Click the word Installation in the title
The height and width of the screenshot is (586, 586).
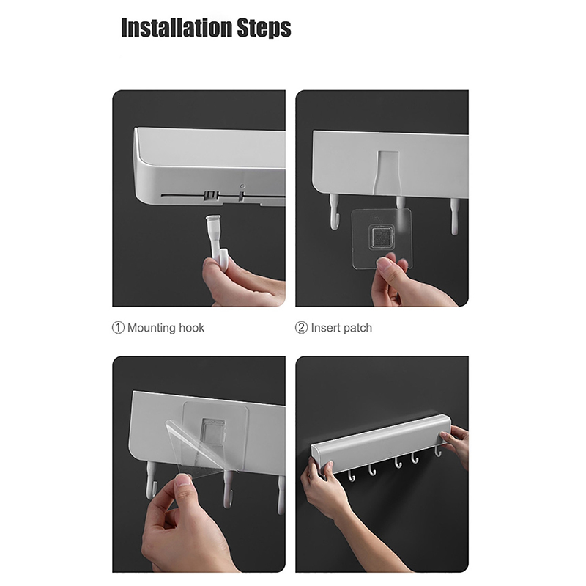click(x=177, y=27)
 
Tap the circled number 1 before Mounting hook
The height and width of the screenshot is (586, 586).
click(x=118, y=328)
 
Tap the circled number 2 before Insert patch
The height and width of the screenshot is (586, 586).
click(x=301, y=328)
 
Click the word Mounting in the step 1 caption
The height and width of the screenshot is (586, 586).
click(x=152, y=328)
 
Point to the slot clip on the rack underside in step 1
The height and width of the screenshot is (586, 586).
click(x=211, y=196)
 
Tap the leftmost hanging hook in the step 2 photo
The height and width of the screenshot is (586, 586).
click(x=335, y=212)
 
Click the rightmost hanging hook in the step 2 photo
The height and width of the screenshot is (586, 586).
click(x=454, y=216)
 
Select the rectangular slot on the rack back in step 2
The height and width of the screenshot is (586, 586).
click(x=387, y=172)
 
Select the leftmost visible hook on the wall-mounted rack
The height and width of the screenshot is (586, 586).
click(x=352, y=477)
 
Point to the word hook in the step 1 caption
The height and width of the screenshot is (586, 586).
click(x=192, y=328)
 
